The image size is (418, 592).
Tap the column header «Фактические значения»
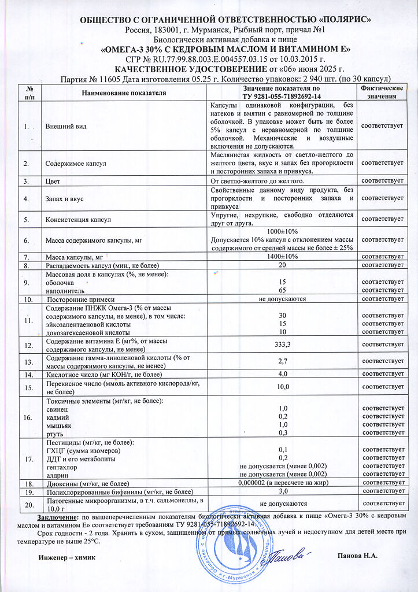click(382, 92)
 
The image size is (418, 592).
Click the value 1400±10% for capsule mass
click(283, 256)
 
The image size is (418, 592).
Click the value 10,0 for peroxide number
click(283, 386)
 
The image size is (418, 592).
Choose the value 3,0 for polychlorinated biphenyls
click(283, 491)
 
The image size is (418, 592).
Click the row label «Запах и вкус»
click(65, 199)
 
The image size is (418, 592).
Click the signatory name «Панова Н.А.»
click(357, 556)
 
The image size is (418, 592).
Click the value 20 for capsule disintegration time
click(283, 265)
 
